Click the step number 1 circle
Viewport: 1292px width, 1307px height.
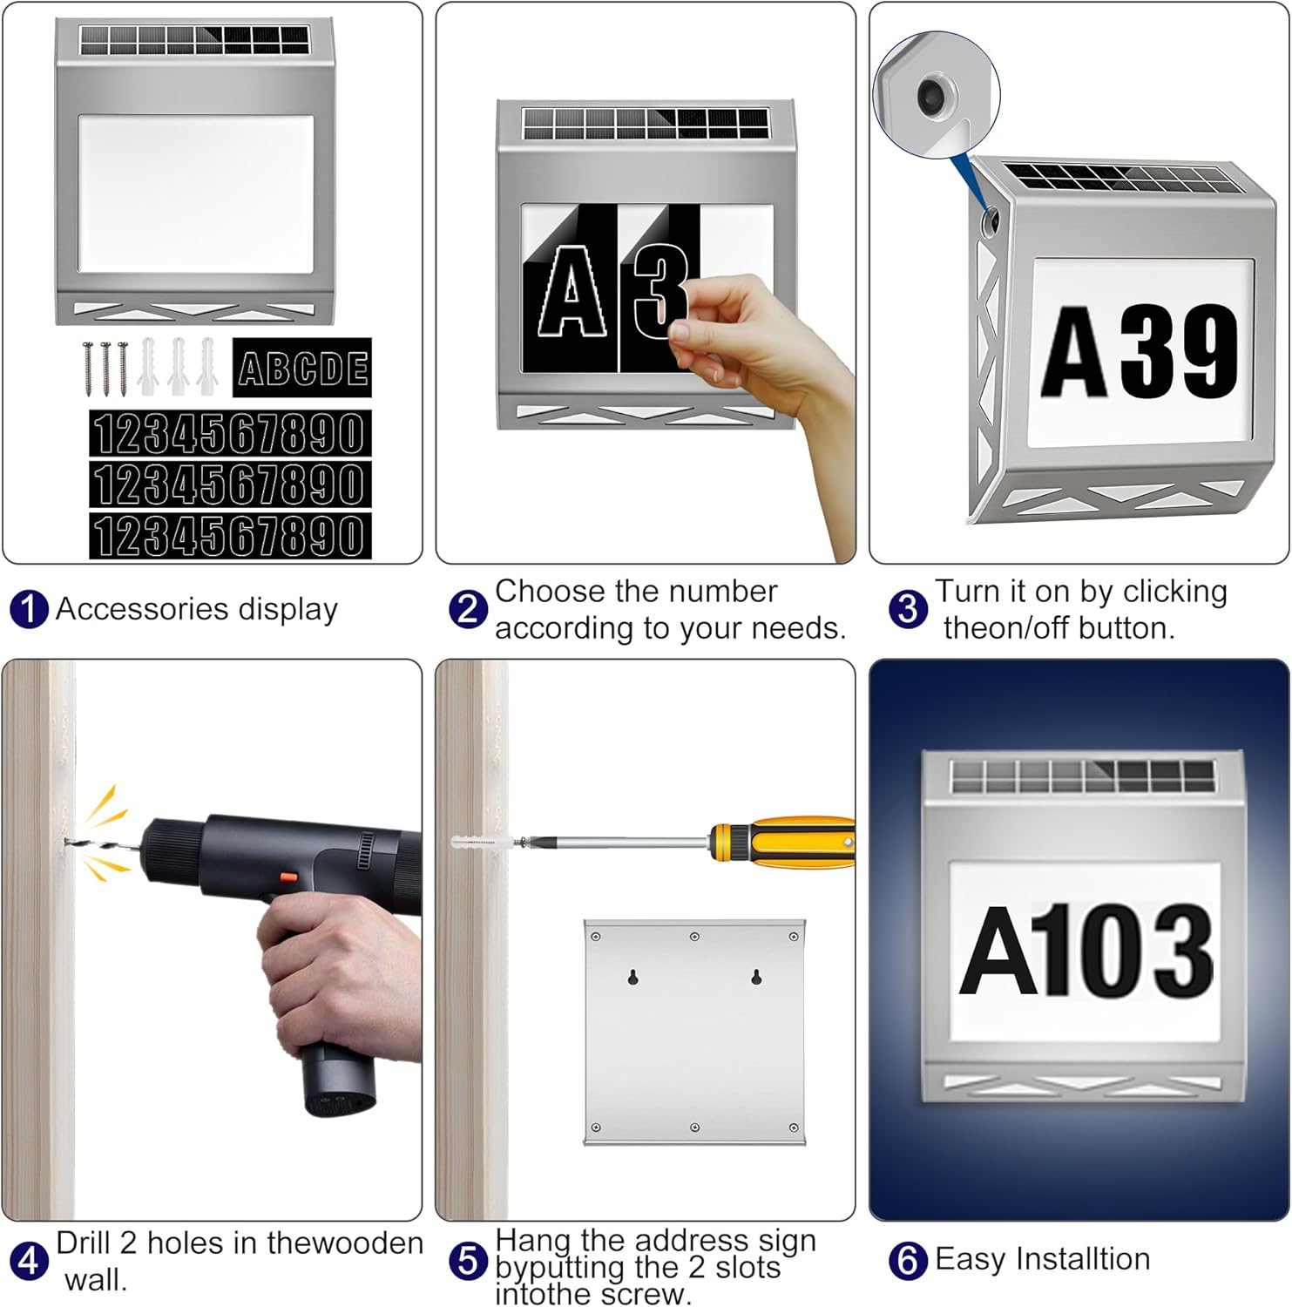click(x=29, y=609)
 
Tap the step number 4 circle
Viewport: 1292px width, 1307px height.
click(x=29, y=1261)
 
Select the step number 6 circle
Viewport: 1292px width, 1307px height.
click(x=907, y=1260)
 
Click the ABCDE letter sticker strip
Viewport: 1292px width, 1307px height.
click(x=302, y=368)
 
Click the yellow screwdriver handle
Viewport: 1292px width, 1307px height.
click(x=788, y=842)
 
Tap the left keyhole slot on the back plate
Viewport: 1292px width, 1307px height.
click(x=633, y=977)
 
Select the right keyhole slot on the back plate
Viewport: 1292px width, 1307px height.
click(x=756, y=977)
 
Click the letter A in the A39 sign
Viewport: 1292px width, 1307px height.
click(x=1077, y=353)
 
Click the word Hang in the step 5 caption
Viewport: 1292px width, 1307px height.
click(x=533, y=1240)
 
